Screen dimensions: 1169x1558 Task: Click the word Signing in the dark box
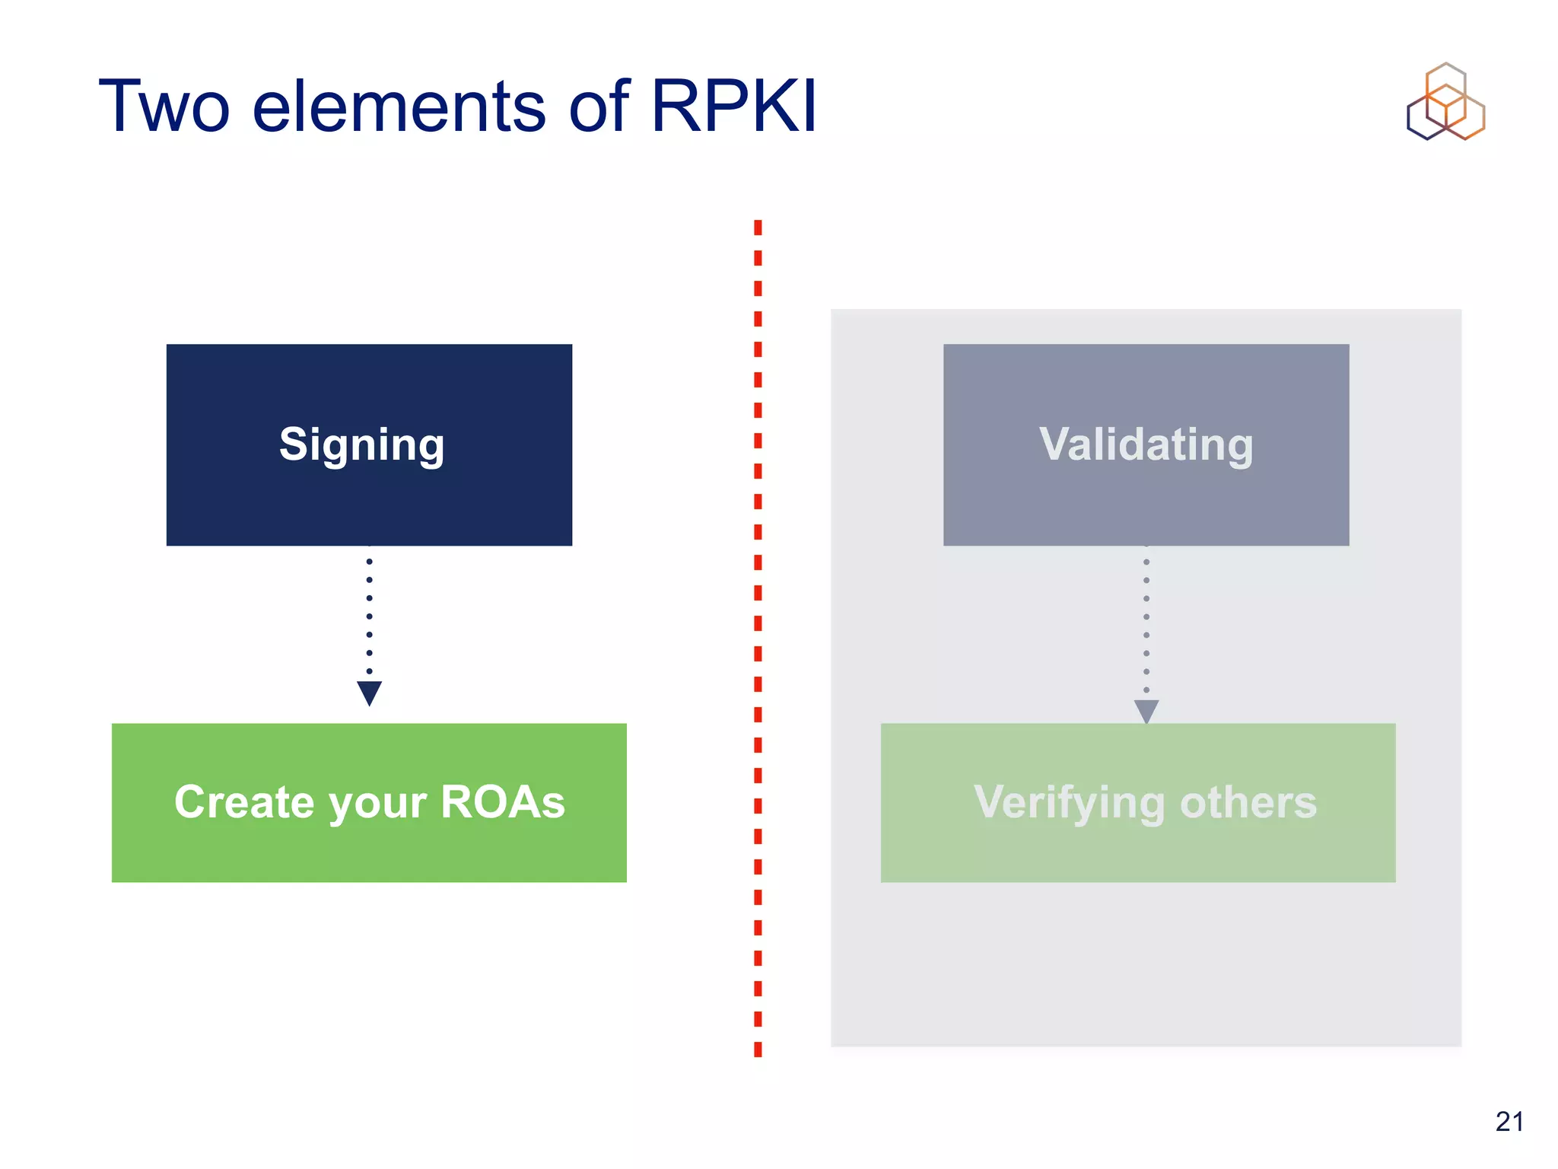361,445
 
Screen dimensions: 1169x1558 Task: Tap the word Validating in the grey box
1146,444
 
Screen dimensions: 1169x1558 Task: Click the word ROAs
502,802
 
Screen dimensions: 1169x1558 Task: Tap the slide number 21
1509,1122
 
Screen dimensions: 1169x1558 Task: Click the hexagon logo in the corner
1445,102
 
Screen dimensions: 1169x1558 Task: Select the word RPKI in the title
733,107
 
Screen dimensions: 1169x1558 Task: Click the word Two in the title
164,107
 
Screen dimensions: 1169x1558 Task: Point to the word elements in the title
399,107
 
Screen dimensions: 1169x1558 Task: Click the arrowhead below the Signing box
369,693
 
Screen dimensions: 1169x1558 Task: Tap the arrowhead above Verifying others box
1146,710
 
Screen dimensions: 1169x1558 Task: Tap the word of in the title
599,107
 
